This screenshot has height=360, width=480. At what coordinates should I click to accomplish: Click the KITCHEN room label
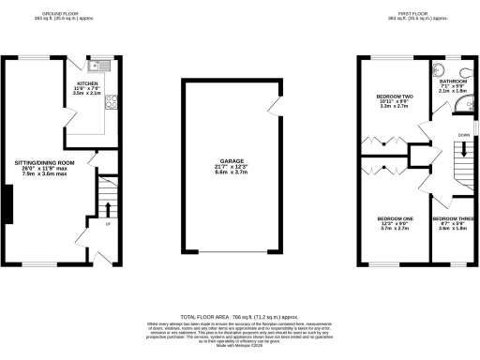tap(86, 82)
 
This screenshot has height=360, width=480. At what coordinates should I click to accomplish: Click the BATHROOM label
tap(454, 82)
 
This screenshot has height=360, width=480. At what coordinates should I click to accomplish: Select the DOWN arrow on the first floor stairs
tap(463, 146)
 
